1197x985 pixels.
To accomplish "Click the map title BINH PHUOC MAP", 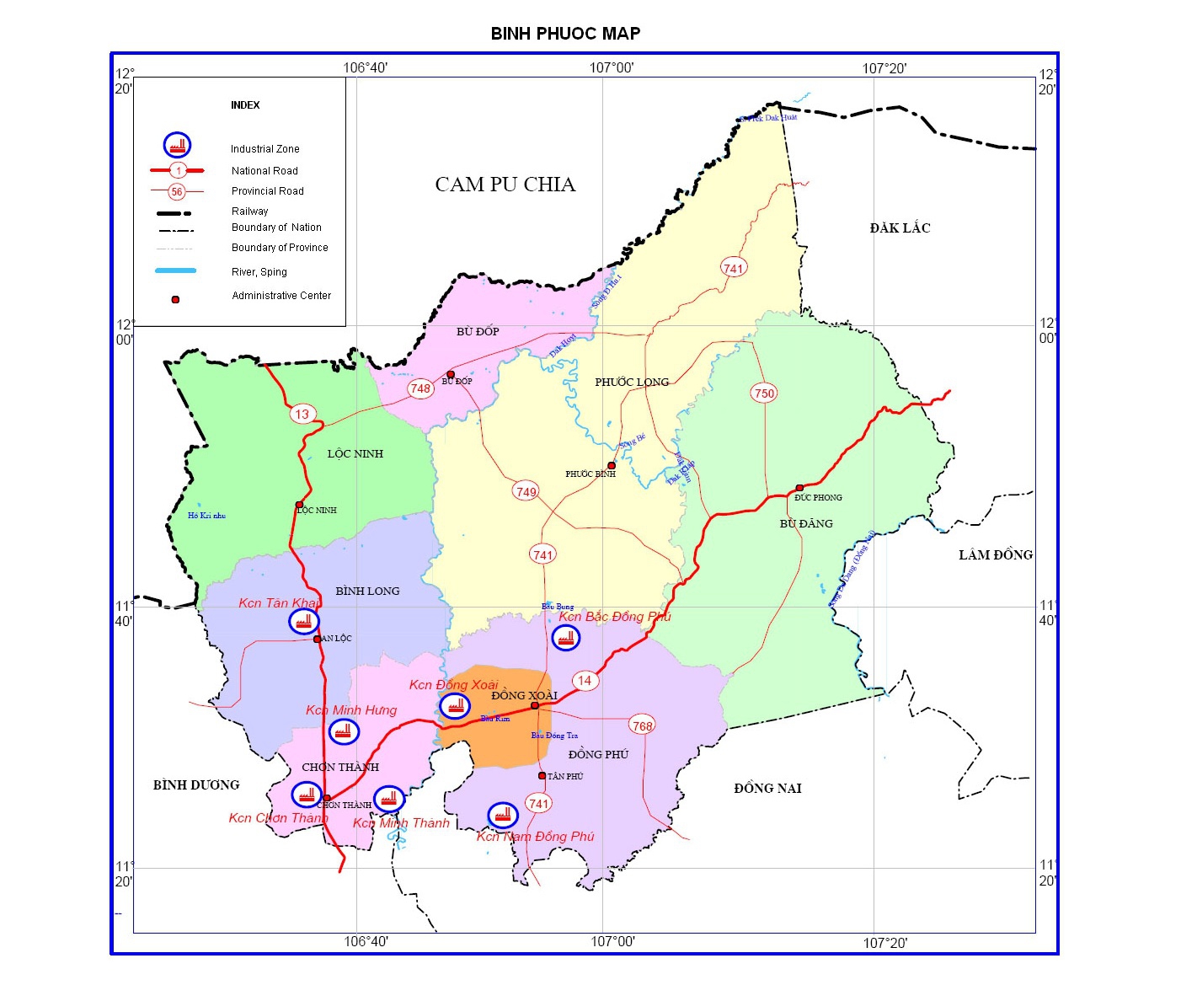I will coord(565,34).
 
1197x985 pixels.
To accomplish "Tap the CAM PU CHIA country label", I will coord(505,185).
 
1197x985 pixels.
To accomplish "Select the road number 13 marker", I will coord(302,414).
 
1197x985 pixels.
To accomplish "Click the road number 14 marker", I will coord(585,681).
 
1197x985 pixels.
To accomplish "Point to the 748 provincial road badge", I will coord(420,388).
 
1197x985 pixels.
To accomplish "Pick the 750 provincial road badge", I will coord(764,393).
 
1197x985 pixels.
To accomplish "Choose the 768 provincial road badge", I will coord(642,725).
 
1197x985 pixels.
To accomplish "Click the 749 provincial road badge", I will coord(526,492).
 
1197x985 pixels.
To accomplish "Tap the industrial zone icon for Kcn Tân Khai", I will coord(304,622).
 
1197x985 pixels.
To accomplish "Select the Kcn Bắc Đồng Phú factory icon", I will coord(566,638).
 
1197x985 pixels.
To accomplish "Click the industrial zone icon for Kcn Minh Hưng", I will coord(343,731).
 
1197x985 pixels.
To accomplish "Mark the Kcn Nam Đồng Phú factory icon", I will coord(503,815).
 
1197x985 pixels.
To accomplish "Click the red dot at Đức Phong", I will coord(799,488).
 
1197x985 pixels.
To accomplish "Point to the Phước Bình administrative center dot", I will coord(612,466).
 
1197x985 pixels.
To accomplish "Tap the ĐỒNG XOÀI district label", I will coord(524,695).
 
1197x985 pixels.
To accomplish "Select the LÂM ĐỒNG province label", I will coord(995,554).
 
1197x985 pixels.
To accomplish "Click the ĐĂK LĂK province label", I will coord(900,228).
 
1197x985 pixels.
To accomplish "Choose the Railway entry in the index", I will coord(249,211).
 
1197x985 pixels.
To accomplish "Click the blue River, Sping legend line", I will coord(176,270).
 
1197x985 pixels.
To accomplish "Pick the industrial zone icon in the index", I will coord(177,146).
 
